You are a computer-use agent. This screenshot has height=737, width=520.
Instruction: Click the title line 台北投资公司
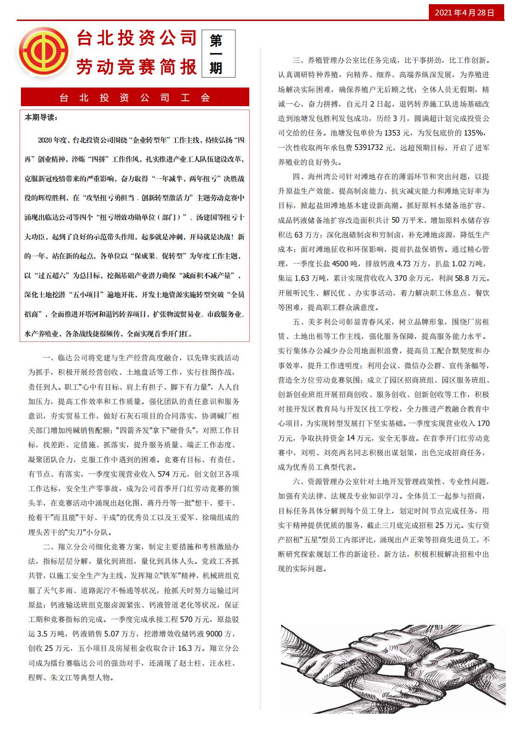[137, 38]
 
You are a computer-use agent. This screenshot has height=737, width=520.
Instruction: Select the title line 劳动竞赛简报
[137, 67]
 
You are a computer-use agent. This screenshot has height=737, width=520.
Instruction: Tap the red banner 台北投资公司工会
[135, 97]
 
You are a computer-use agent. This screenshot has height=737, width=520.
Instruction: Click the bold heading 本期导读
[41, 118]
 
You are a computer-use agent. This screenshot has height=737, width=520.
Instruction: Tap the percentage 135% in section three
[475, 133]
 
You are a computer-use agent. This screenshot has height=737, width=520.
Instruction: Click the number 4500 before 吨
[340, 264]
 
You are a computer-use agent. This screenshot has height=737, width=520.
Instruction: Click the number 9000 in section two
[214, 634]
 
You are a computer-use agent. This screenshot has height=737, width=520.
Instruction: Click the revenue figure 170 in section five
[483, 424]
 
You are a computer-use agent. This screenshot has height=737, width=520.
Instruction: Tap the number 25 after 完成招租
[440, 525]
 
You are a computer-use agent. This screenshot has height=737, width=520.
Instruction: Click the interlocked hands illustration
[393, 669]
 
